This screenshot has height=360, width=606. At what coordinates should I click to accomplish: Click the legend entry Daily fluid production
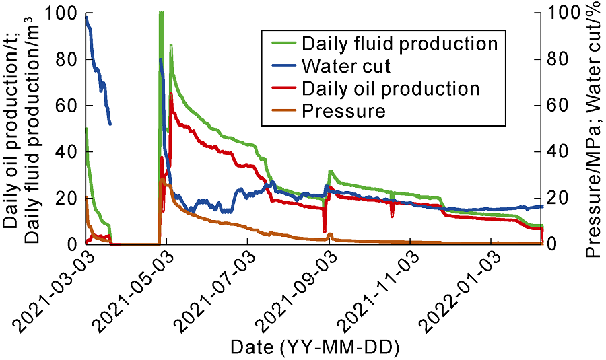399,44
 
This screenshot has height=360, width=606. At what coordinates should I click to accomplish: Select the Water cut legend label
346,66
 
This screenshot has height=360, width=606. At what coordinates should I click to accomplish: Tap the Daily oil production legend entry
391,88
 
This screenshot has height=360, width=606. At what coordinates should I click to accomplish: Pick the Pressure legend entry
343,110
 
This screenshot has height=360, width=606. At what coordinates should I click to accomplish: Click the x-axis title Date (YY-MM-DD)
314,347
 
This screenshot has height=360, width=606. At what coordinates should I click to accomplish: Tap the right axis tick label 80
560,59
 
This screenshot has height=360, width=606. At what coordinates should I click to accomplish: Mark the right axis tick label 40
560,151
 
